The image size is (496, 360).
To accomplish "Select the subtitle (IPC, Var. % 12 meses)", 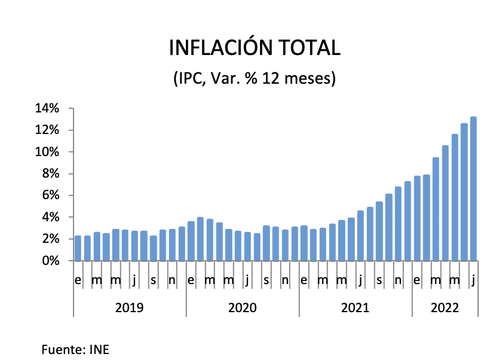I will click(254, 78).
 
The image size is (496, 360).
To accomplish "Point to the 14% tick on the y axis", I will click(47, 108).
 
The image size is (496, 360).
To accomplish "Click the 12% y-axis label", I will click(47, 130).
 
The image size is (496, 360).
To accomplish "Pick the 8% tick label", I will click(50, 174).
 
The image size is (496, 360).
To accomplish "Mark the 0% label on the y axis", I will click(50, 261).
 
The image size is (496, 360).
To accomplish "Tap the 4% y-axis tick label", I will click(50, 217).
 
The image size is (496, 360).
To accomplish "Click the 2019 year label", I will click(129, 308).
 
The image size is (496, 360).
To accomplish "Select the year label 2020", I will click(242, 308).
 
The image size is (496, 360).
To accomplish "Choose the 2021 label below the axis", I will click(355, 308).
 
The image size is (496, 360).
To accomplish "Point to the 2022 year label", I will click(445, 308).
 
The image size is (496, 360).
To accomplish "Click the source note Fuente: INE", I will click(75, 349).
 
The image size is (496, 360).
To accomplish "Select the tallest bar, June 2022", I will click(473, 189).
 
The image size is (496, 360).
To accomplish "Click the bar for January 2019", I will click(78, 248).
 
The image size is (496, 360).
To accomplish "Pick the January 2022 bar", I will click(417, 218).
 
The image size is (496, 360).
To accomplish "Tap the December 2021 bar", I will click(408, 221).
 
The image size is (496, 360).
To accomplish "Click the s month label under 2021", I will click(379, 280).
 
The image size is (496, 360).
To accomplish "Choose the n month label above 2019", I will click(172, 280).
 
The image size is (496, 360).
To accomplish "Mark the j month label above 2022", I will click(473, 280).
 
